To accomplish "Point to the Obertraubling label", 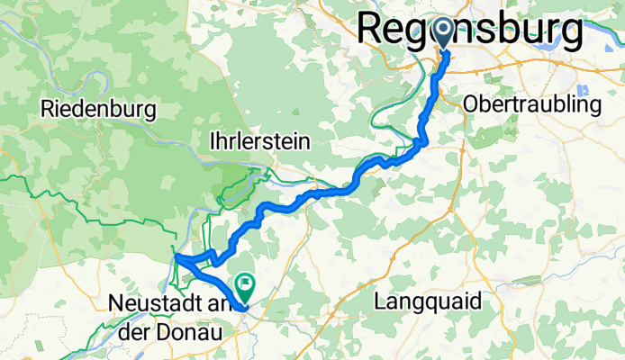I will click(x=531, y=105).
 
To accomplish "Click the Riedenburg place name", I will click(x=99, y=110).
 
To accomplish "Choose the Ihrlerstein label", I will click(x=259, y=141).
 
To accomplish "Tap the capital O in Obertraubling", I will click(x=470, y=105).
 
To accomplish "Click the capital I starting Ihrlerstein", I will click(x=211, y=141).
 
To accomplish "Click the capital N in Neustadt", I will click(x=114, y=303).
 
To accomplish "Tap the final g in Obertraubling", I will click(x=594, y=107).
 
